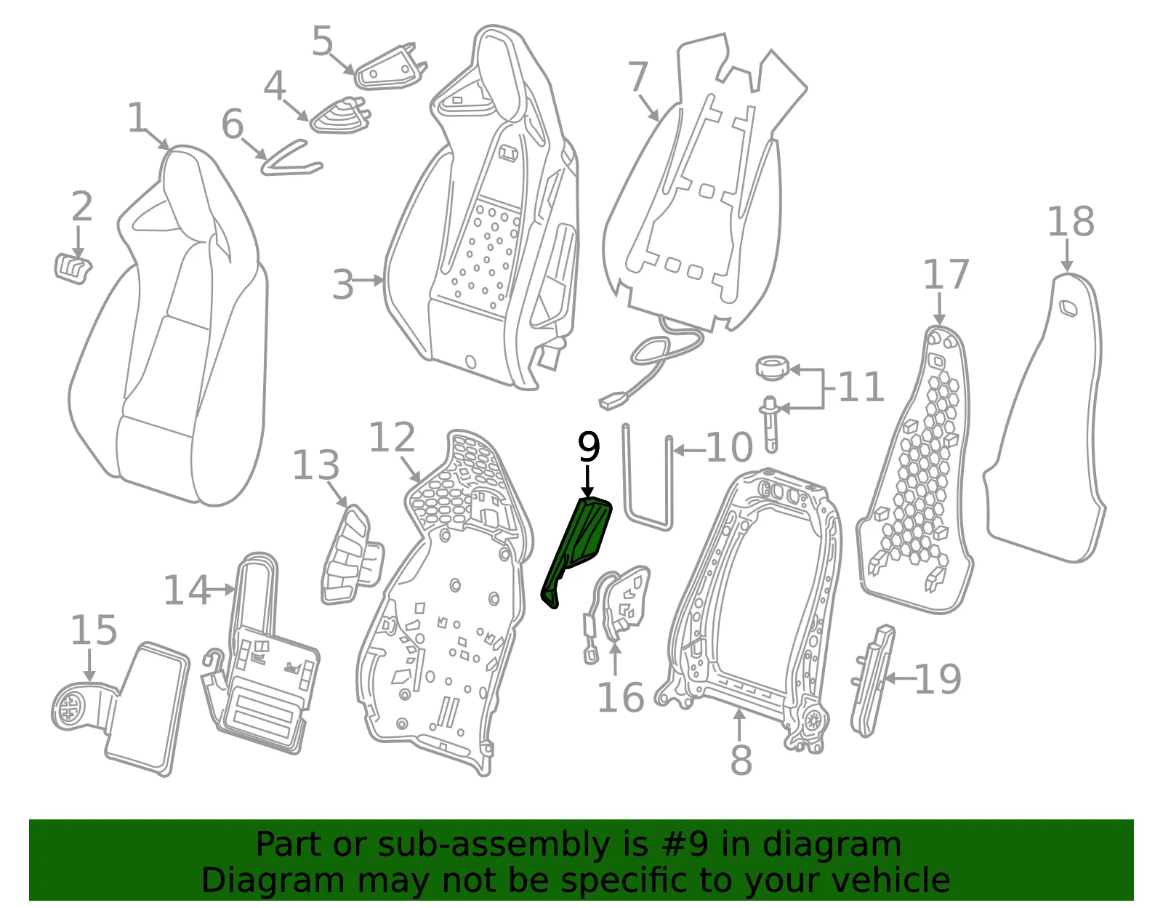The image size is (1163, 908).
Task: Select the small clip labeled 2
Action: coord(73,268)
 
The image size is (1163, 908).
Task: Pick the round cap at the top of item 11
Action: coord(772,368)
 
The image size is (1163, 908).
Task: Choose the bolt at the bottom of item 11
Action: coord(770,424)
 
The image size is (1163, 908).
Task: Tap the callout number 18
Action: coord(1071,221)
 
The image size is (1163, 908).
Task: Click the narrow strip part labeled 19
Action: coord(872,680)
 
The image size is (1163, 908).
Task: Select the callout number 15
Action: coord(94,630)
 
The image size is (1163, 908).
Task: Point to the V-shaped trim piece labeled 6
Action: coord(291,159)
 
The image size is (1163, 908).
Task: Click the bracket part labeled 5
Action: coord(391,68)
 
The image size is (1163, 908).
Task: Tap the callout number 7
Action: coord(638,76)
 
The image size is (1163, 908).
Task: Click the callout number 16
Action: coord(620,697)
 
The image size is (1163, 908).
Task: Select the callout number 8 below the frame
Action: coord(741,759)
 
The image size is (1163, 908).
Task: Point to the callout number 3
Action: coord(343,284)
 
